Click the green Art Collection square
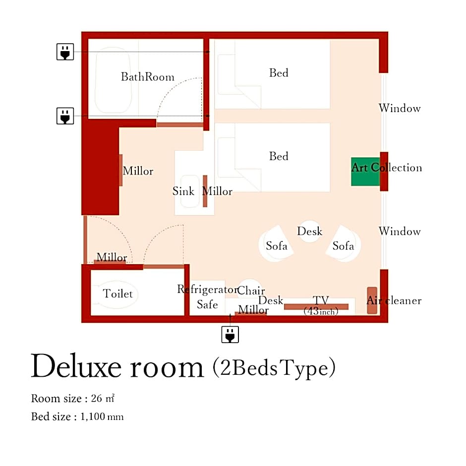(x=365, y=172)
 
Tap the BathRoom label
(x=147, y=77)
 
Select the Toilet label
(x=117, y=293)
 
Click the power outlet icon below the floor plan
(x=230, y=334)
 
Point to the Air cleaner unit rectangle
(x=372, y=300)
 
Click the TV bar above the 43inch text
(x=316, y=307)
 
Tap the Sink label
(x=183, y=191)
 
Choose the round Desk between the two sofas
(x=310, y=232)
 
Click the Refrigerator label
(x=208, y=289)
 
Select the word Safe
(x=207, y=304)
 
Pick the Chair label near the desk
(x=251, y=291)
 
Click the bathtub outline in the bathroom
(x=113, y=80)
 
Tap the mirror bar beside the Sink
(x=205, y=191)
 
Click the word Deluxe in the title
(x=76, y=366)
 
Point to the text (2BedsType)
(x=274, y=367)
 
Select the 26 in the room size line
(x=96, y=398)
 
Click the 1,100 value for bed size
(x=92, y=416)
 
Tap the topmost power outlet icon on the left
(x=65, y=52)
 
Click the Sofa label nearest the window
(x=343, y=246)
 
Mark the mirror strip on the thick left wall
(x=120, y=171)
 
